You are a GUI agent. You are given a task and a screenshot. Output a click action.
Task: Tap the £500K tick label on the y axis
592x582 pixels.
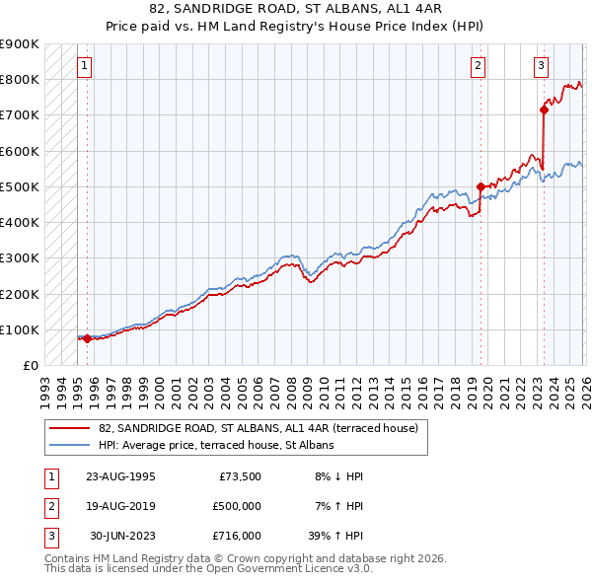point(20,186)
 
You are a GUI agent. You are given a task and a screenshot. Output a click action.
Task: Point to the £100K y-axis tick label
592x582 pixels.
point(20,329)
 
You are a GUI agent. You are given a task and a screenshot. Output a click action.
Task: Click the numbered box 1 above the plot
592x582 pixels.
point(85,66)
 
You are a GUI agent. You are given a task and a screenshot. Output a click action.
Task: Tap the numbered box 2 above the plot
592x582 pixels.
point(478,66)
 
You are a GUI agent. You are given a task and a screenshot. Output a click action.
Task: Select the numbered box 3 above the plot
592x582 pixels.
point(542,66)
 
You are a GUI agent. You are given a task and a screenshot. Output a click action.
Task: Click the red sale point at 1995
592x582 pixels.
point(87,338)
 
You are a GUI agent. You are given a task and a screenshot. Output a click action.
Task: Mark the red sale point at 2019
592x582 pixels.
point(481,186)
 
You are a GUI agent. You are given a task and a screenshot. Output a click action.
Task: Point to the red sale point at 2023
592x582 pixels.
point(544,109)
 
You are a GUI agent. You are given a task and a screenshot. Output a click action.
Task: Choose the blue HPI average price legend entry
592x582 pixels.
point(216,445)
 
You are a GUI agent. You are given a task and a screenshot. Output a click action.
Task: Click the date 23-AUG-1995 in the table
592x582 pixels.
point(121,475)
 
